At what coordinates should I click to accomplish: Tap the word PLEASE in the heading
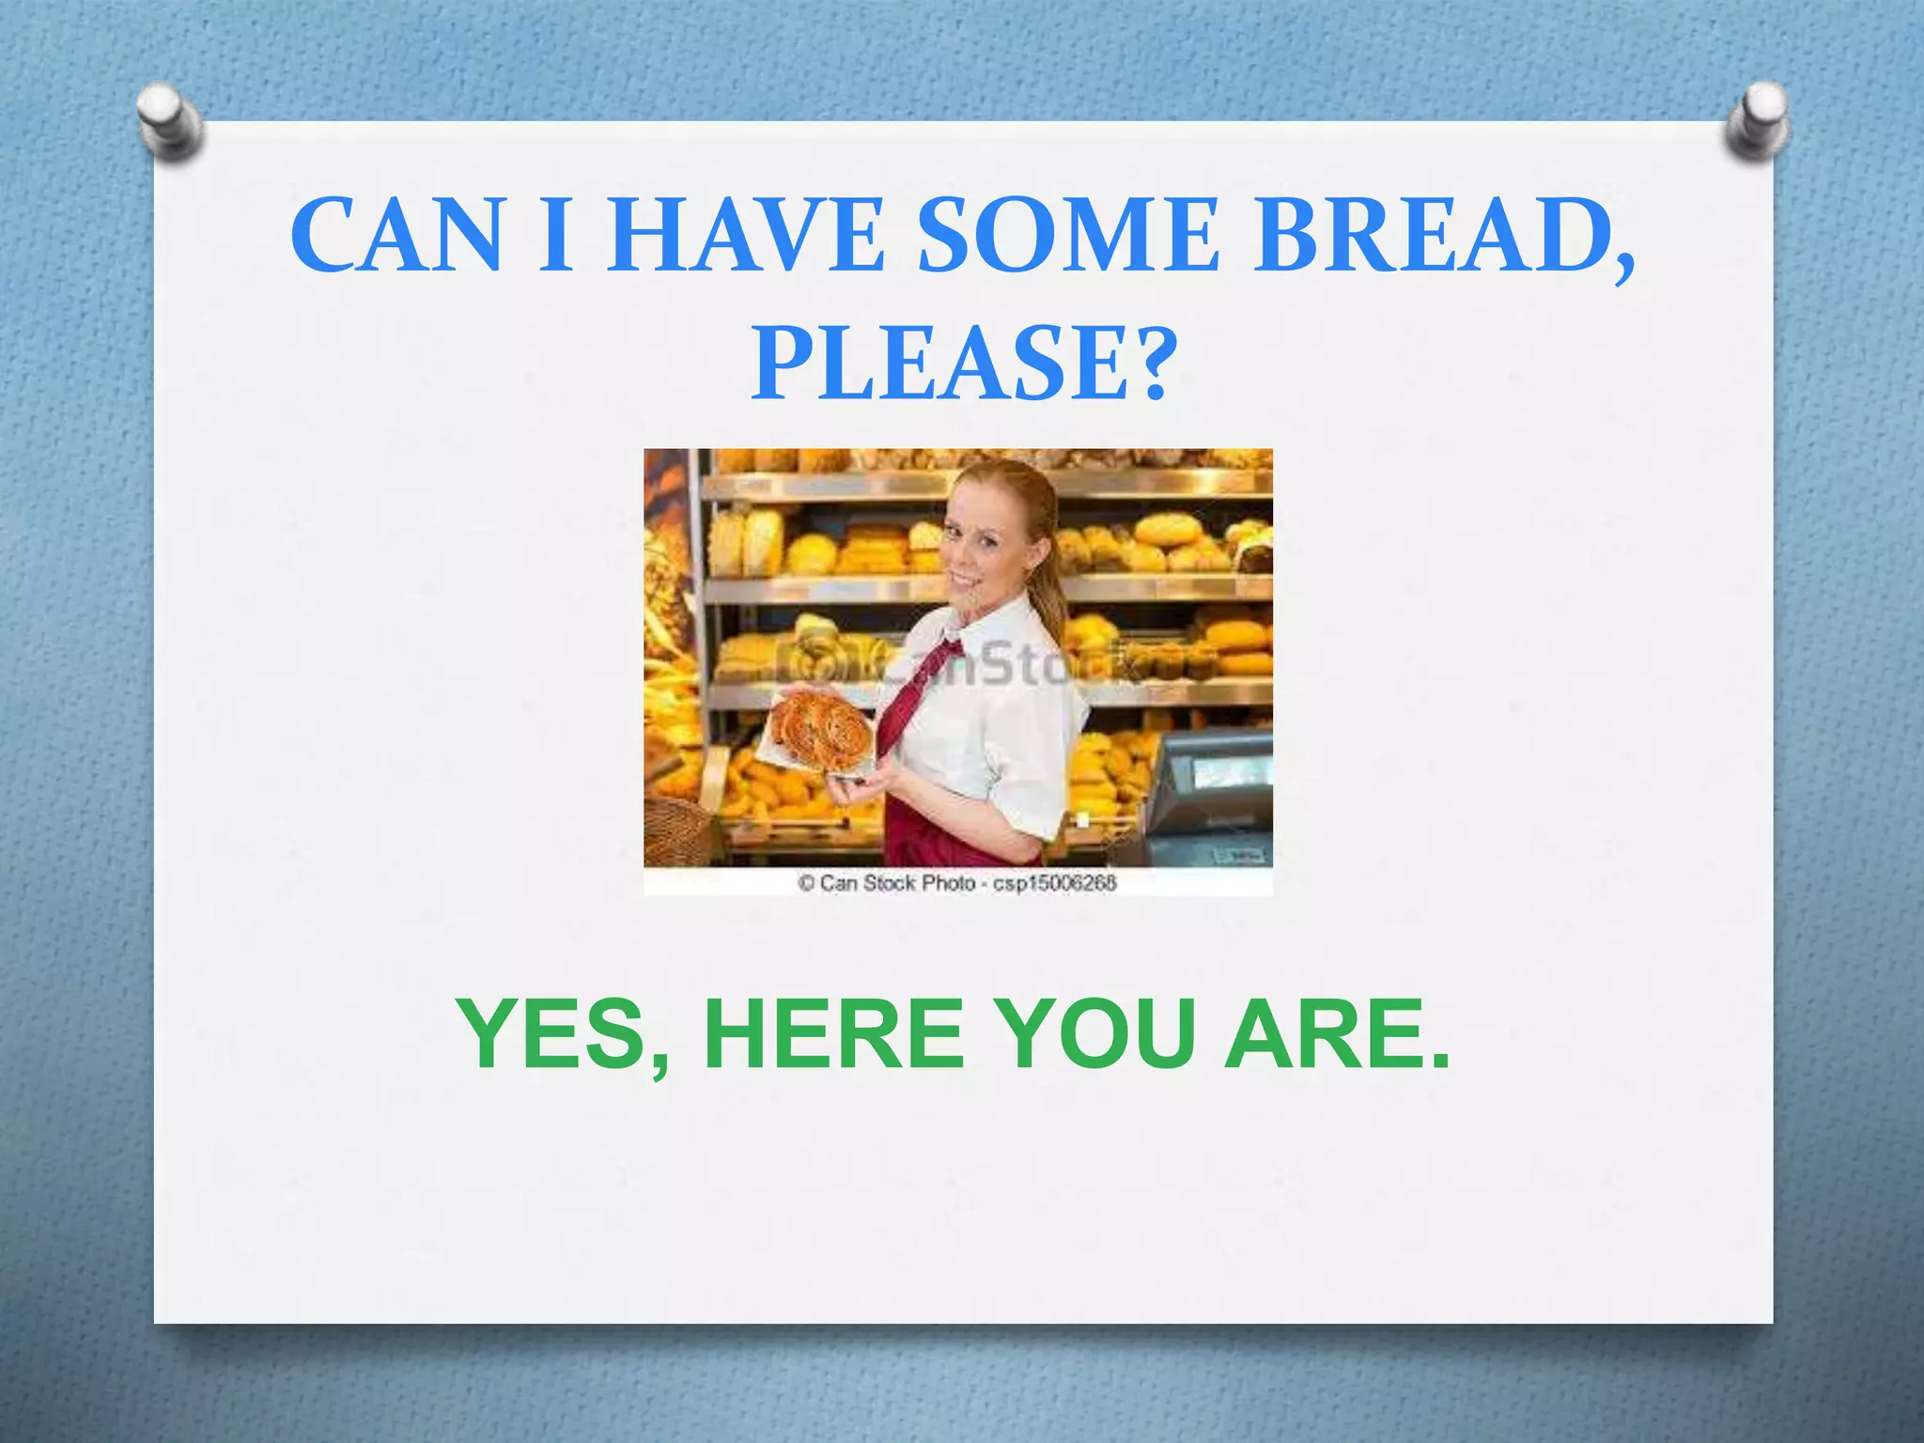pyautogui.click(x=939, y=363)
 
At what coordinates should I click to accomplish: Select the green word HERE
pyautogui.click(x=834, y=1034)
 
